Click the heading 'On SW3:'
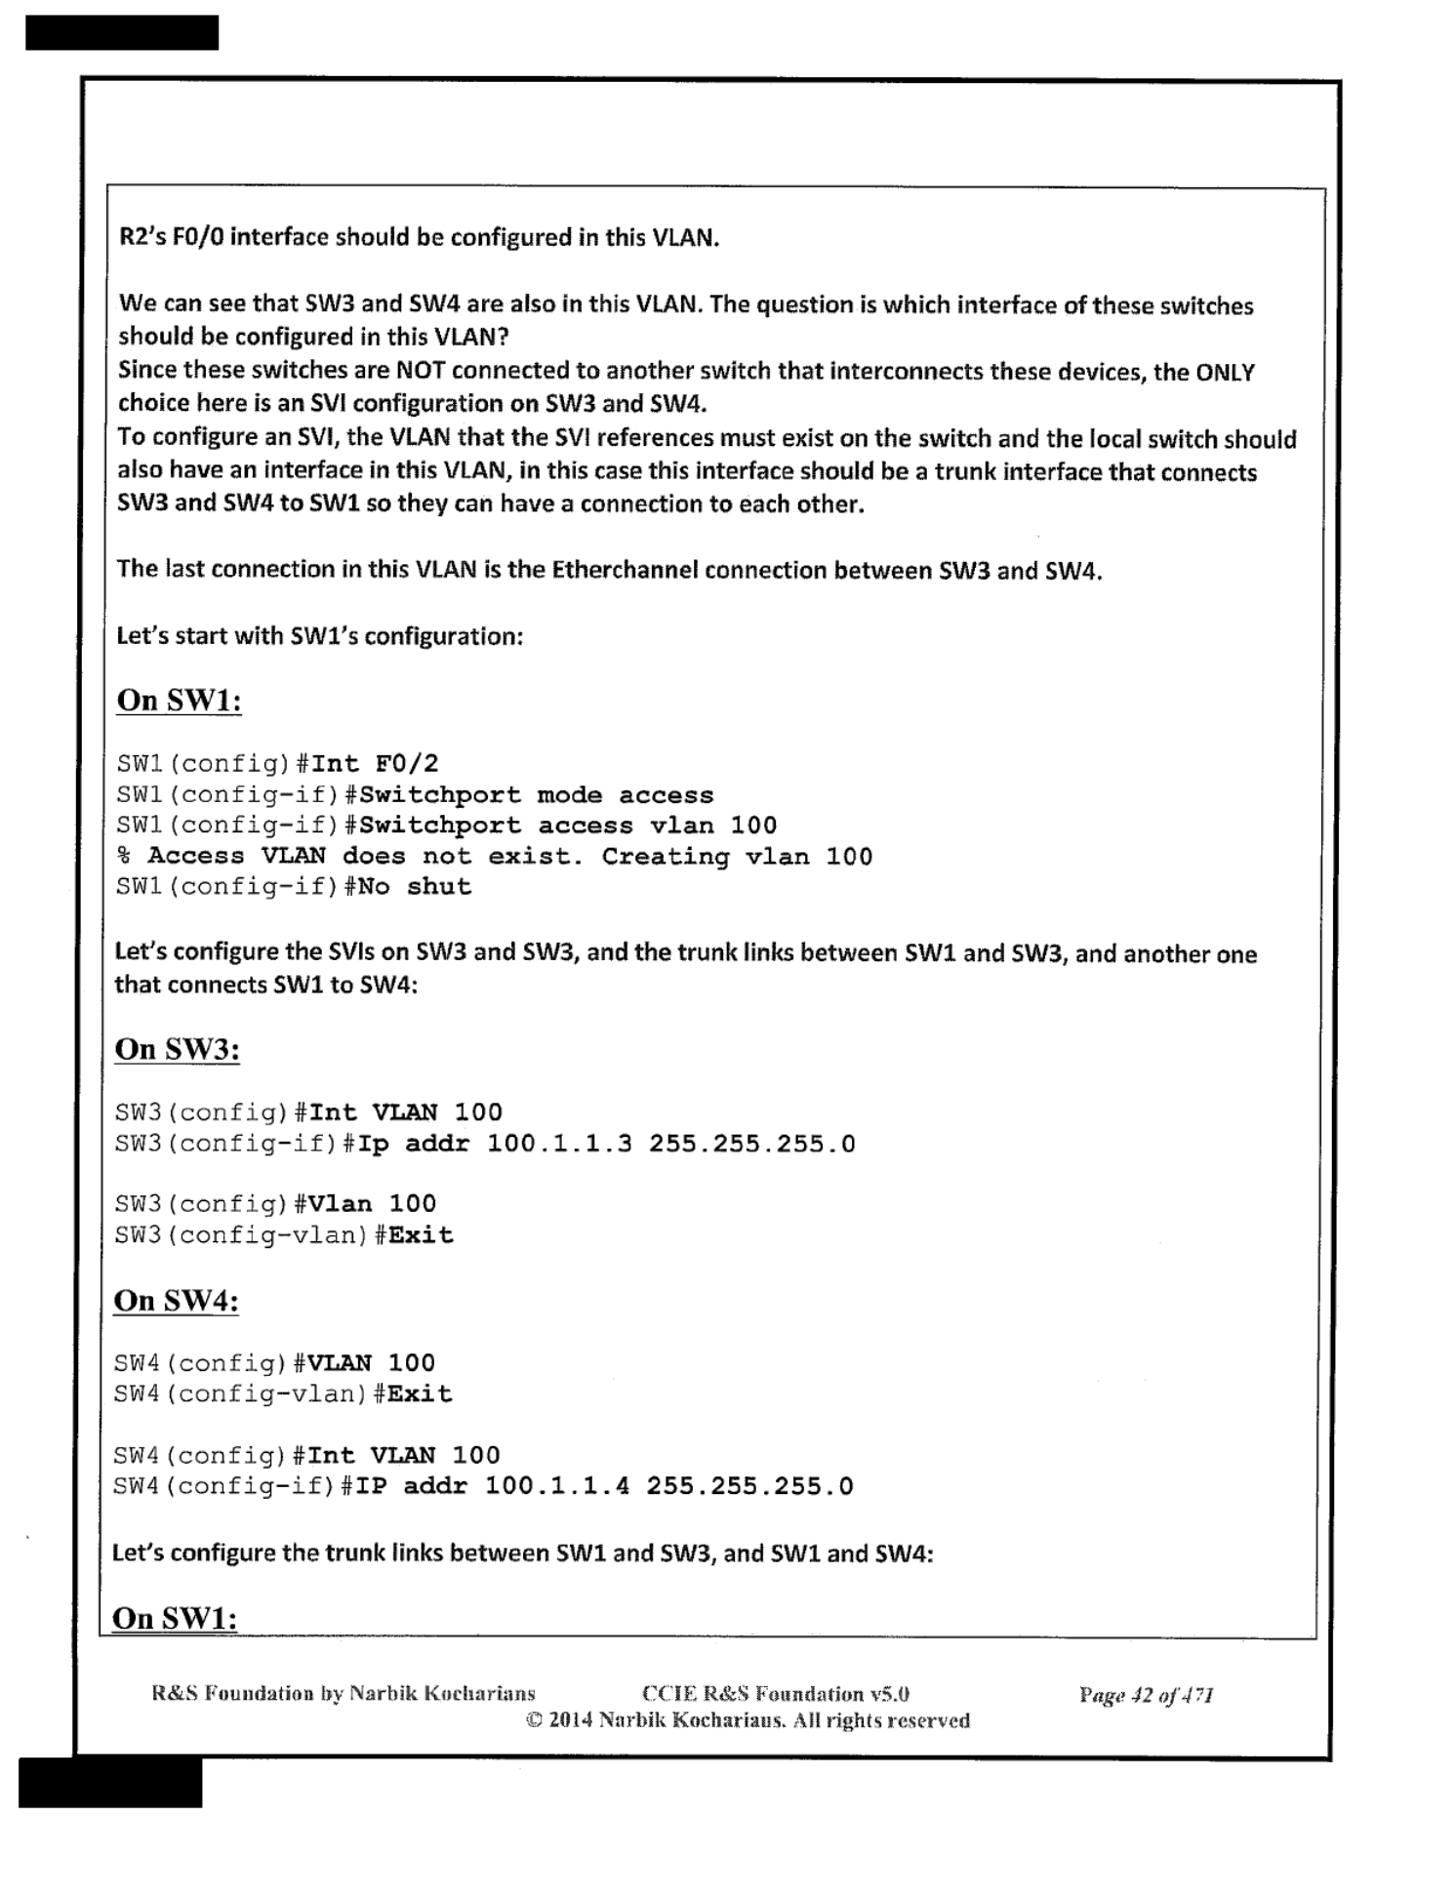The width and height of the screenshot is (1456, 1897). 177,1049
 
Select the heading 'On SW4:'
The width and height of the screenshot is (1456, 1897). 176,1300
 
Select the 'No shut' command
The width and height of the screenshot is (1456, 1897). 416,886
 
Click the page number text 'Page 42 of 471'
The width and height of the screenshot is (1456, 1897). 1146,1695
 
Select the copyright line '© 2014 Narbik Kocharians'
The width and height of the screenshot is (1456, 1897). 748,1720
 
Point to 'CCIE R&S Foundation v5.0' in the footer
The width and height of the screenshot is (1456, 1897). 776,1694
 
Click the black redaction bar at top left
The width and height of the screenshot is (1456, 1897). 122,32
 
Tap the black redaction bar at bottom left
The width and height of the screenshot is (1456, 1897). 110,1782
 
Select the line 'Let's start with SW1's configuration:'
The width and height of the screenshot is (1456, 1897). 320,636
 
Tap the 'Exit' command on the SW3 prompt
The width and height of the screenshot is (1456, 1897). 421,1234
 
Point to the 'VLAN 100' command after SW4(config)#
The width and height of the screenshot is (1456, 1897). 372,1362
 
